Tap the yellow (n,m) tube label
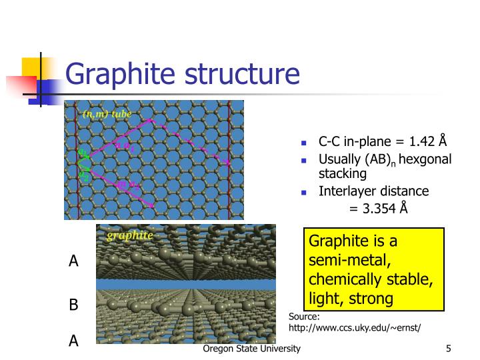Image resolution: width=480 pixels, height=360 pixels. click(x=106, y=114)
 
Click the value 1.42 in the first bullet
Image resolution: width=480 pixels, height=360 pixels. click(x=423, y=142)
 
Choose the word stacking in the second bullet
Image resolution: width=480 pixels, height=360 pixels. click(x=343, y=174)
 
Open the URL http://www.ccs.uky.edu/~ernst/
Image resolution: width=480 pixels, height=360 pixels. click(x=354, y=328)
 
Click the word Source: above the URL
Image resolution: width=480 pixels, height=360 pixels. click(x=304, y=317)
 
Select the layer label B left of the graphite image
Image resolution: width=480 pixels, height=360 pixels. click(x=73, y=305)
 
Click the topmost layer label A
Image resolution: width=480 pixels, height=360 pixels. click(x=73, y=261)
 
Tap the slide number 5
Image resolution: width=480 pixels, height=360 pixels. click(x=449, y=349)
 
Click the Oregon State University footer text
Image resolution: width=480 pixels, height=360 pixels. click(x=252, y=349)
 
